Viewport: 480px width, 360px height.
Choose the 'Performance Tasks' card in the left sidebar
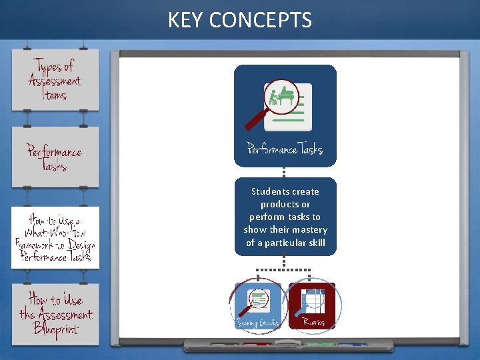[x=55, y=157]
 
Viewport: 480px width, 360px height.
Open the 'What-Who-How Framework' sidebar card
[x=55, y=238]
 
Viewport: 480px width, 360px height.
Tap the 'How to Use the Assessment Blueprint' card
[x=55, y=314]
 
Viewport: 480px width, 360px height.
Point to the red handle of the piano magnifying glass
[x=255, y=119]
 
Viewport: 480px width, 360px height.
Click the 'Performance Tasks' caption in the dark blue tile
[x=285, y=149]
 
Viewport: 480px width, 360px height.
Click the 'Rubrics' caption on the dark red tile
[x=313, y=323]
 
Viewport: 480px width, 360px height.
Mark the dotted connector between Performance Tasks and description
[x=285, y=172]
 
